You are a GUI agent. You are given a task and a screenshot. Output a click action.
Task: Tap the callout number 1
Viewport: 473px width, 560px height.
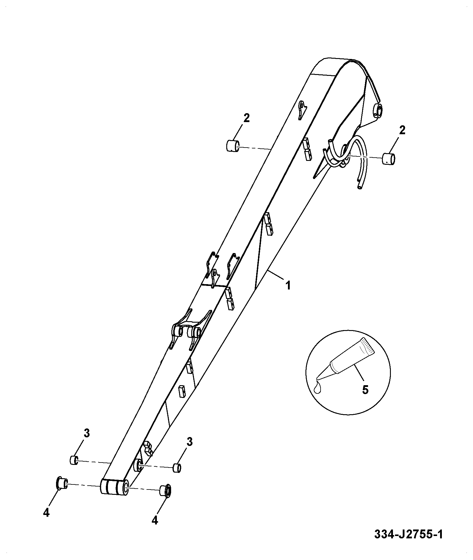point(288,286)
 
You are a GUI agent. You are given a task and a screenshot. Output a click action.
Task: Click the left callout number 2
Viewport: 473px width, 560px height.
point(246,118)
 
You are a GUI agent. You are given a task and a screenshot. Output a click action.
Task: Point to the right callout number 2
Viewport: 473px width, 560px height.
point(402,130)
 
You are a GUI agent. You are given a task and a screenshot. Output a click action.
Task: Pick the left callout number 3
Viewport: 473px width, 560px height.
point(86,433)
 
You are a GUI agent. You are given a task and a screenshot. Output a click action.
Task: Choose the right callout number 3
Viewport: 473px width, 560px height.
point(189,442)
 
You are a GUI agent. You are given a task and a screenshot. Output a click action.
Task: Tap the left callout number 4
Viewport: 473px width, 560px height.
point(46,513)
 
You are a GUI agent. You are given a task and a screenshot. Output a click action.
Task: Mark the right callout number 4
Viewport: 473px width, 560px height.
point(155,520)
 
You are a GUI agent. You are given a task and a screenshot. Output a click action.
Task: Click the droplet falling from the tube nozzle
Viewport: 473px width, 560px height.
point(318,388)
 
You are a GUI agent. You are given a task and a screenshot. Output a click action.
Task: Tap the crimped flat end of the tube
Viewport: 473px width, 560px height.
point(368,346)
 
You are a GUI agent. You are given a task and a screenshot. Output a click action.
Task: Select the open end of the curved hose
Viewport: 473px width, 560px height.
point(359,187)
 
